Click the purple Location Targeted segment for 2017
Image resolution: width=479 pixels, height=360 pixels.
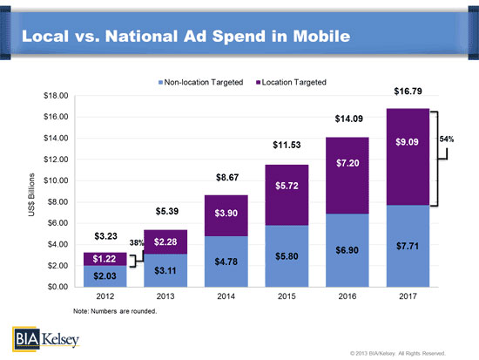click(x=408, y=157)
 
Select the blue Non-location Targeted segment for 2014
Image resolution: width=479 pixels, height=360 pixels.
click(x=226, y=262)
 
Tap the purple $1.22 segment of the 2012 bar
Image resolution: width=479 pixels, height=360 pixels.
click(x=105, y=259)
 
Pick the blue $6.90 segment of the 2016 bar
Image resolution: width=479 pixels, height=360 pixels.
click(x=347, y=250)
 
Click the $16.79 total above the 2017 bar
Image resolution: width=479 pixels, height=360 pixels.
click(x=408, y=92)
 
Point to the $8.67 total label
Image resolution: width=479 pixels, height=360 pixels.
click(x=227, y=178)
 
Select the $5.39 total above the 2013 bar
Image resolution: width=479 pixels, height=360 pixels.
click(x=167, y=211)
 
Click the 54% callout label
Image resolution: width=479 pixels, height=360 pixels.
click(x=446, y=139)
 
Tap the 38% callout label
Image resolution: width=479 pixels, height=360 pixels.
click(x=136, y=242)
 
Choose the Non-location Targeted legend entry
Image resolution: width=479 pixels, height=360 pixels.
click(x=200, y=82)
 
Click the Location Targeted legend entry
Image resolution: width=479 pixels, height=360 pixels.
click(x=291, y=82)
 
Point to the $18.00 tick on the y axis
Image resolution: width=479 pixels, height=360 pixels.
click(x=56, y=96)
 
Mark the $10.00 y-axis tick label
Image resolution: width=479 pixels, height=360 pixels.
click(x=56, y=180)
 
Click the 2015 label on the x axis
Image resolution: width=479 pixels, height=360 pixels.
click(x=287, y=296)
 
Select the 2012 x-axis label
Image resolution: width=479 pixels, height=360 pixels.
click(x=105, y=296)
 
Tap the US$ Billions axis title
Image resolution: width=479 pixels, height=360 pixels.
click(x=31, y=195)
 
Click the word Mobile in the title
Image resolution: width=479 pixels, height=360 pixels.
click(x=321, y=36)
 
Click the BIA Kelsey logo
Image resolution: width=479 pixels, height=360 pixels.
click(x=46, y=339)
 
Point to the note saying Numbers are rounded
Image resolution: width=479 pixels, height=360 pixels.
click(x=115, y=311)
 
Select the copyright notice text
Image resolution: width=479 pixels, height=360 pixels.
click(x=398, y=354)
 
